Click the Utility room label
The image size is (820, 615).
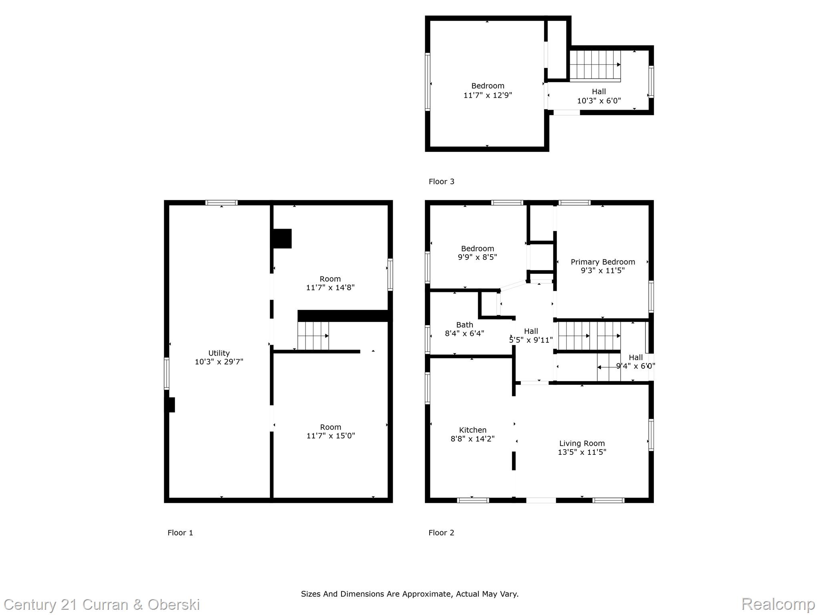(219, 353)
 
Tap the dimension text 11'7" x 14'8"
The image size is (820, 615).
(330, 287)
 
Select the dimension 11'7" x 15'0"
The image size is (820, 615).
(331, 436)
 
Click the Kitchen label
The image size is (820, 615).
(473, 430)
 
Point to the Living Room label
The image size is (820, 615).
(582, 444)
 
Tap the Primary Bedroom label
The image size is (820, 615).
(603, 262)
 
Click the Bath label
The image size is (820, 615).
(464, 325)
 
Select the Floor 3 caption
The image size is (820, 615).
(442, 181)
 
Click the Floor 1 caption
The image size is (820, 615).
(180, 533)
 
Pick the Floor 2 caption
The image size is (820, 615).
(441, 533)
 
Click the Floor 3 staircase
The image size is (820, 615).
(595, 65)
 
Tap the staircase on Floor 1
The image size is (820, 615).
(313, 336)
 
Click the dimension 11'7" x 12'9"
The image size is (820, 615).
(488, 95)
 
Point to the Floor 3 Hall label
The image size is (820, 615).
(599, 92)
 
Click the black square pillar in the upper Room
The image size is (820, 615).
(282, 239)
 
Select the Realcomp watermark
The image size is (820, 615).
(778, 604)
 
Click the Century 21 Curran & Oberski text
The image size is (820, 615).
(102, 605)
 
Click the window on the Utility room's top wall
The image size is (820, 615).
(221, 203)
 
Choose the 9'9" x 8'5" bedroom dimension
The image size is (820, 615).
(477, 257)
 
